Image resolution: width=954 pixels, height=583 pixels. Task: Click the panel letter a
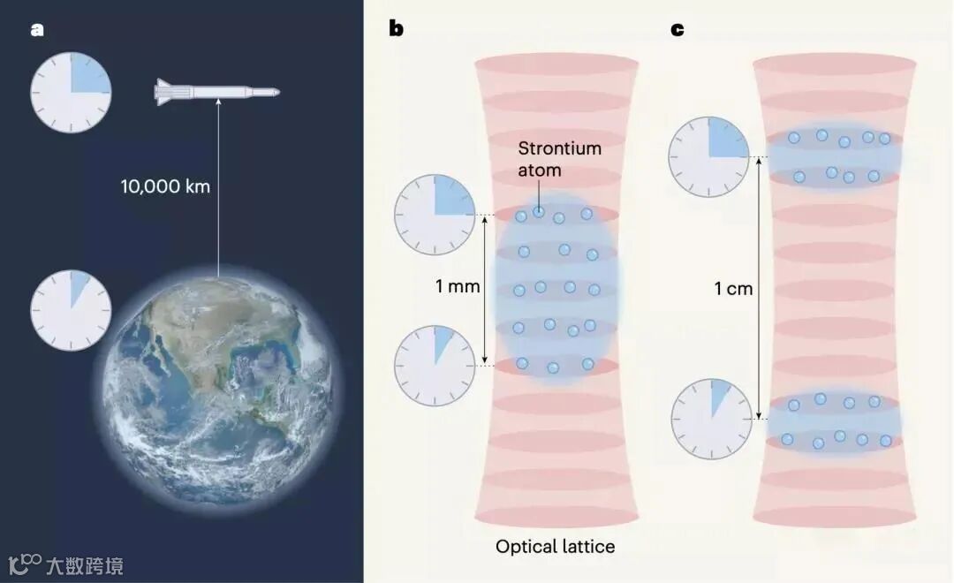pyautogui.click(x=36, y=29)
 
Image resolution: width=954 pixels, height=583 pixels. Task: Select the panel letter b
pyautogui.click(x=397, y=29)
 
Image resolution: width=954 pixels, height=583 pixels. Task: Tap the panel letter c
pyautogui.click(x=678, y=29)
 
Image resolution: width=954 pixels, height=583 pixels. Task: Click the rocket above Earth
pyautogui.click(x=216, y=92)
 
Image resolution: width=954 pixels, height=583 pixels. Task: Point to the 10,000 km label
pyautogui.click(x=166, y=186)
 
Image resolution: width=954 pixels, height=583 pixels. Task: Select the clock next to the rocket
pyautogui.click(x=71, y=92)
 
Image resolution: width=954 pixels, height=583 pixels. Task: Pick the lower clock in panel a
pyautogui.click(x=71, y=309)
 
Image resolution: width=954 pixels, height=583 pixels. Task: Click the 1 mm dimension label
pyautogui.click(x=458, y=286)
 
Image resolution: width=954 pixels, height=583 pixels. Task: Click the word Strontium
pyautogui.click(x=559, y=148)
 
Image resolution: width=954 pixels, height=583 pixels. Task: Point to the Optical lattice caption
pyautogui.click(x=555, y=547)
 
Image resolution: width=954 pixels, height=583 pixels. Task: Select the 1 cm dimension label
pyautogui.click(x=733, y=288)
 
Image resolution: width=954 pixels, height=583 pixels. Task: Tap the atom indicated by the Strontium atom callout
pyautogui.click(x=538, y=211)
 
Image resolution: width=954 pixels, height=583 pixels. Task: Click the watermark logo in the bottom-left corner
pyautogui.click(x=26, y=564)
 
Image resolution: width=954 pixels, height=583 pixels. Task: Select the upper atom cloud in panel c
pyautogui.click(x=836, y=155)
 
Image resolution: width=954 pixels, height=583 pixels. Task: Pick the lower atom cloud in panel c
pyautogui.click(x=835, y=420)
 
